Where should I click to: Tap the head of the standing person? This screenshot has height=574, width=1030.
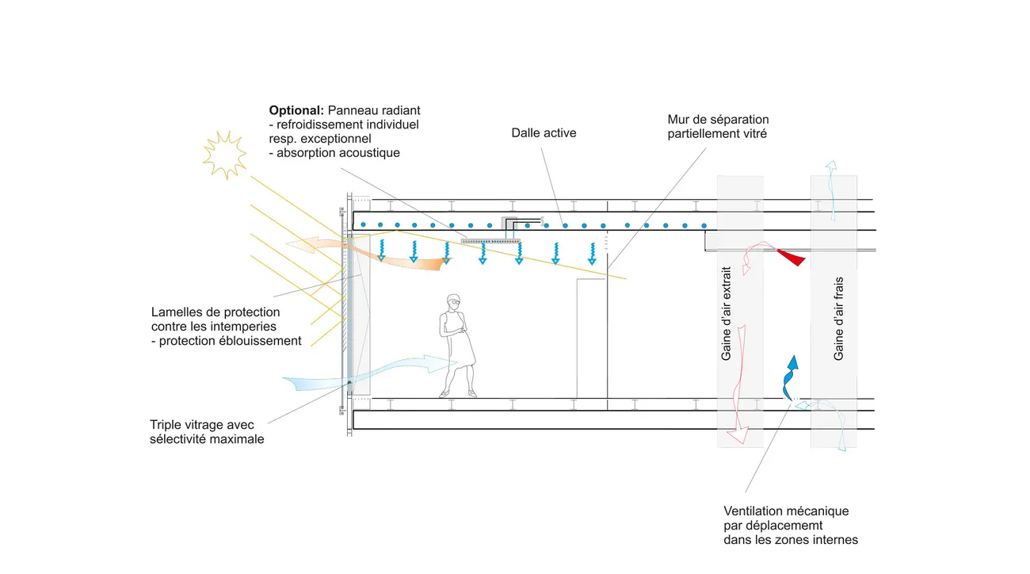(453, 301)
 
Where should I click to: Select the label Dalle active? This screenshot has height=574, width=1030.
(544, 133)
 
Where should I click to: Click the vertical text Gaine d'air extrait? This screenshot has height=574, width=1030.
(726, 313)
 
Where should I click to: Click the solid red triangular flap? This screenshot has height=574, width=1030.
(792, 256)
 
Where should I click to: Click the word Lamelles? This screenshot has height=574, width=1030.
(174, 312)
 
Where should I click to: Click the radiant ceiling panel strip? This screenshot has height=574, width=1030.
(490, 239)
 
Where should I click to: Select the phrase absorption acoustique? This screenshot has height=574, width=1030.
(338, 153)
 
